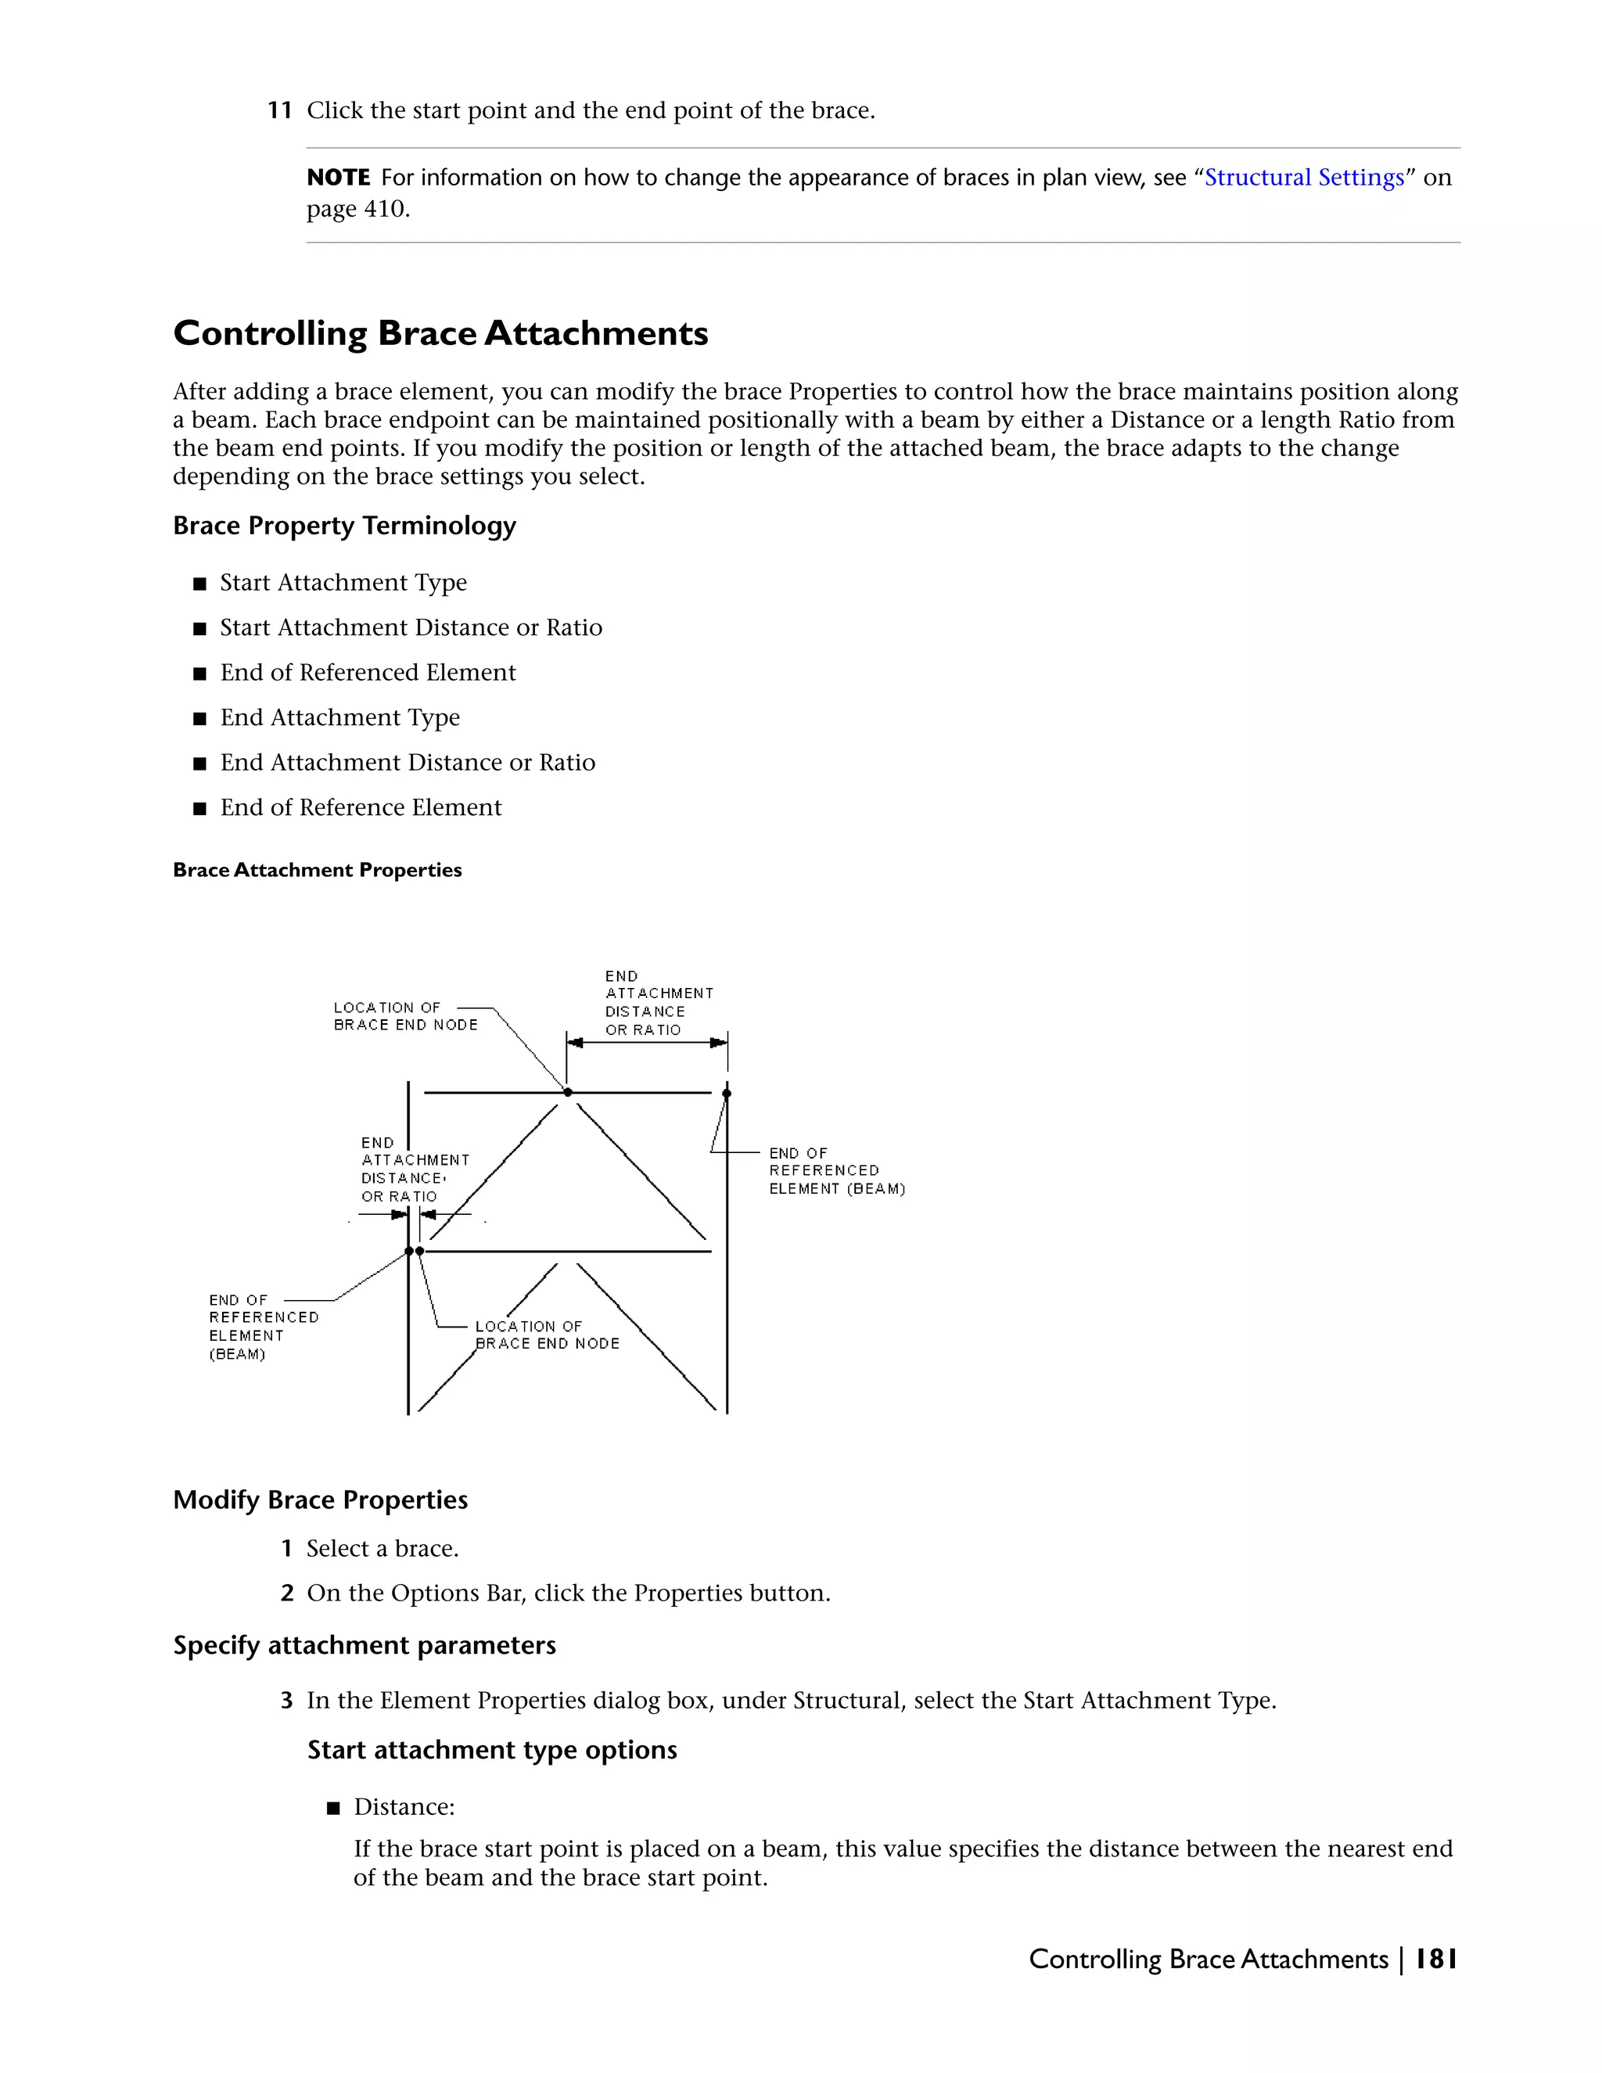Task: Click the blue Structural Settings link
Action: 1303,178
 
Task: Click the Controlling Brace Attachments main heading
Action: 440,333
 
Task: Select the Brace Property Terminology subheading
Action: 343,526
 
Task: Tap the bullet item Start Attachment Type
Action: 343,582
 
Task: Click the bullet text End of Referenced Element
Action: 368,672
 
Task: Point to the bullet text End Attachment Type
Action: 339,717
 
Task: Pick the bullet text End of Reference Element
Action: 361,808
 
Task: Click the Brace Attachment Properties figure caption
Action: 317,871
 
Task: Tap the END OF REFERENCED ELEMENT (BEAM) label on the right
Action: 835,1170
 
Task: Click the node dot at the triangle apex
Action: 568,1093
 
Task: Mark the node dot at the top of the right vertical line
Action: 727,1094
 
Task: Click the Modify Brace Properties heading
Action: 320,1500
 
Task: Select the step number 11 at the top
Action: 279,111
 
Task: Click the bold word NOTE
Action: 338,178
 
